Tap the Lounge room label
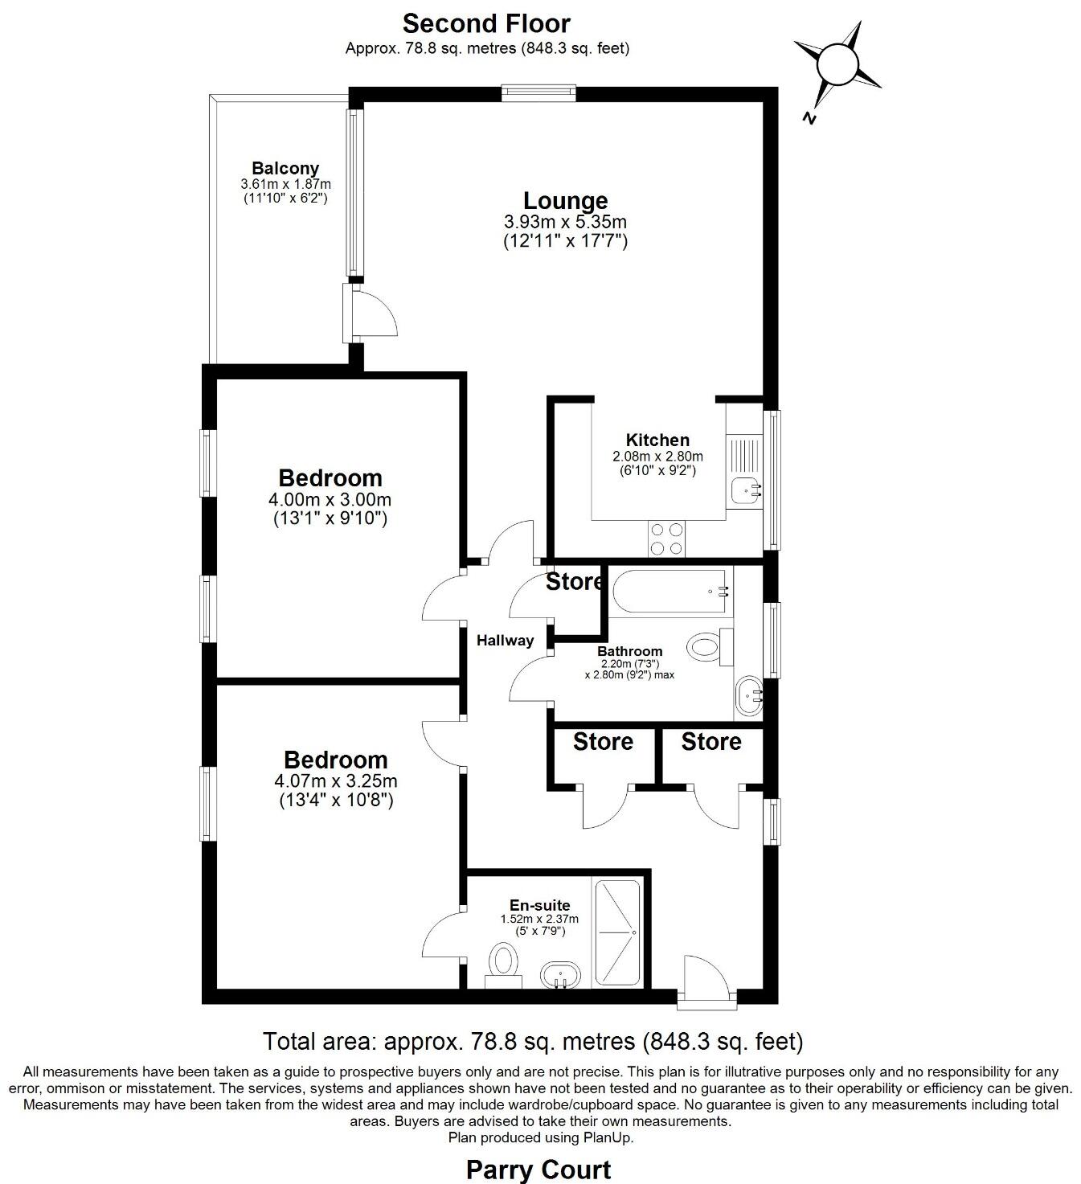[x=565, y=200]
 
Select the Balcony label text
[x=285, y=168]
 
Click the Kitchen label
[x=657, y=440]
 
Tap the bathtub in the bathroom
[x=670, y=592]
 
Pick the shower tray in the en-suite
[x=617, y=933]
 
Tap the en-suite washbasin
[x=560, y=975]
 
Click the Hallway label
[x=505, y=641]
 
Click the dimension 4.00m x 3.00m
[x=330, y=500]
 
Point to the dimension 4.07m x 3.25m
[x=336, y=780]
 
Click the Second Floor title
[x=486, y=23]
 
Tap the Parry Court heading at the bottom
[x=539, y=1169]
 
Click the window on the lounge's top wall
[x=538, y=93]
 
